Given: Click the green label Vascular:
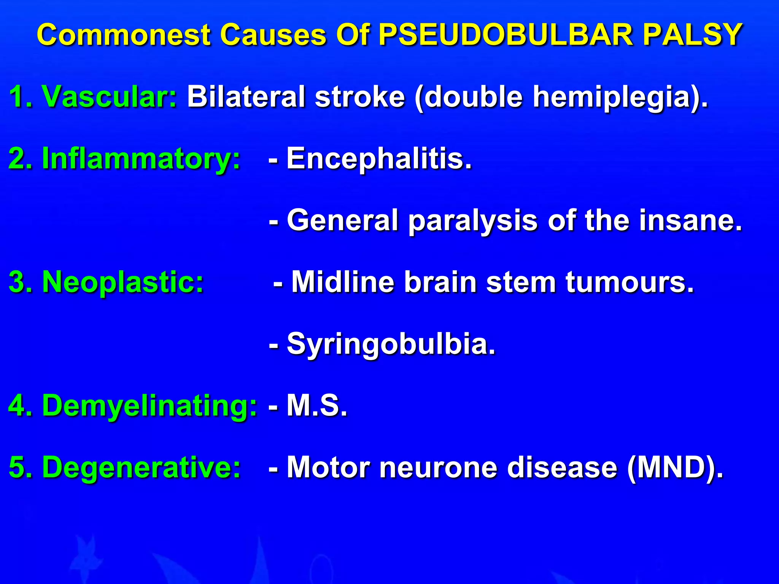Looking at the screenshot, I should coord(109,97).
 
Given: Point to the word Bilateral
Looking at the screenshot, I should coord(246,97).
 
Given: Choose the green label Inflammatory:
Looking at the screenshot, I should coord(141,159).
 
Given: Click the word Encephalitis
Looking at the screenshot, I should coord(379,159).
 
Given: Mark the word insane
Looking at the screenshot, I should coord(690,221).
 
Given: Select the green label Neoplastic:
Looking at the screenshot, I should coord(123,282).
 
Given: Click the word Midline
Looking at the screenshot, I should coord(343,282).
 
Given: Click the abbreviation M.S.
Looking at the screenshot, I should coord(317,406).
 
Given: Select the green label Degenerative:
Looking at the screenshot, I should coord(141,467).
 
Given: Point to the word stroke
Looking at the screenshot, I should coord(360,97).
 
